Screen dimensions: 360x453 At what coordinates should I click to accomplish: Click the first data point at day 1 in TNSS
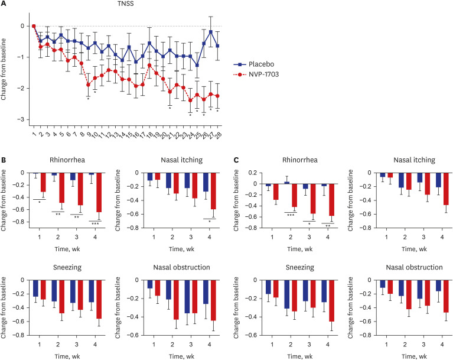coord(34,26)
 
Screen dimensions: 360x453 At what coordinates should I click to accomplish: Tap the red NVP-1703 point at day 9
coord(88,85)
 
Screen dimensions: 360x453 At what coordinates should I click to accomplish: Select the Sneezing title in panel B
coord(67,267)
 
